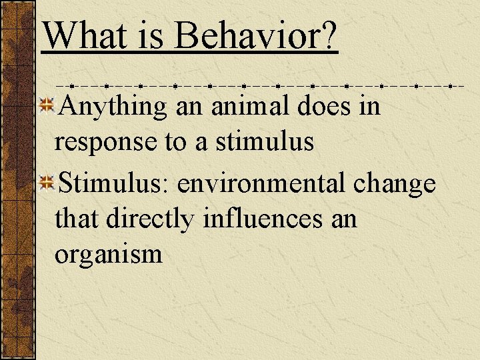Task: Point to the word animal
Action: tap(246, 106)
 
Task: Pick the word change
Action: tap(395, 182)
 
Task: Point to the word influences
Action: tap(260, 218)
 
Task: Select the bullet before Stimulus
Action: tap(46, 181)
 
